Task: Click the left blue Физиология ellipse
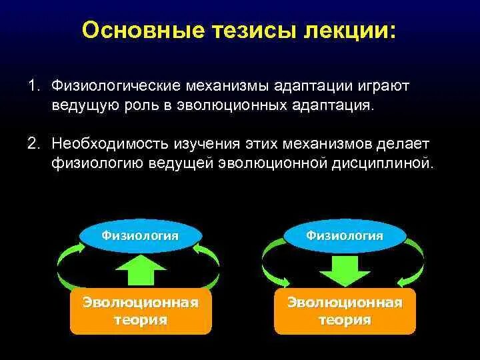point(140,235)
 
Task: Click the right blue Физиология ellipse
point(345,235)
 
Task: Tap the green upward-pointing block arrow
point(141,271)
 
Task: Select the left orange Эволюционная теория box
point(141,311)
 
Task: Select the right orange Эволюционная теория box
point(345,311)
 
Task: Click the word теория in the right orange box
point(345,320)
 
